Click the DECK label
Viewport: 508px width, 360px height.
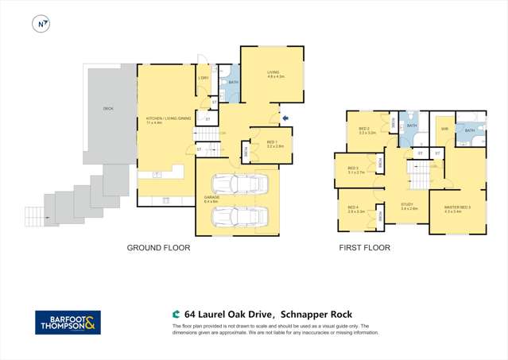(107, 109)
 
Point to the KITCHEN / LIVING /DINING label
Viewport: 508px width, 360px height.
(167, 120)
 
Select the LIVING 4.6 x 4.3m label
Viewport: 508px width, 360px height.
(275, 74)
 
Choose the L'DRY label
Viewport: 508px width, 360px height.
(204, 78)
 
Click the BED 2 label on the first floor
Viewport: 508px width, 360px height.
(363, 130)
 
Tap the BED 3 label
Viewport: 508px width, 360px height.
(353, 169)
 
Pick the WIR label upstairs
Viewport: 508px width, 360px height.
(444, 128)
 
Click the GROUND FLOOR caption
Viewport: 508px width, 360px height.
(158, 248)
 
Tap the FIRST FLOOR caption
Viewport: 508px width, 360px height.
(365, 248)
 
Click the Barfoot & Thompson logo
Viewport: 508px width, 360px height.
(68, 322)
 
